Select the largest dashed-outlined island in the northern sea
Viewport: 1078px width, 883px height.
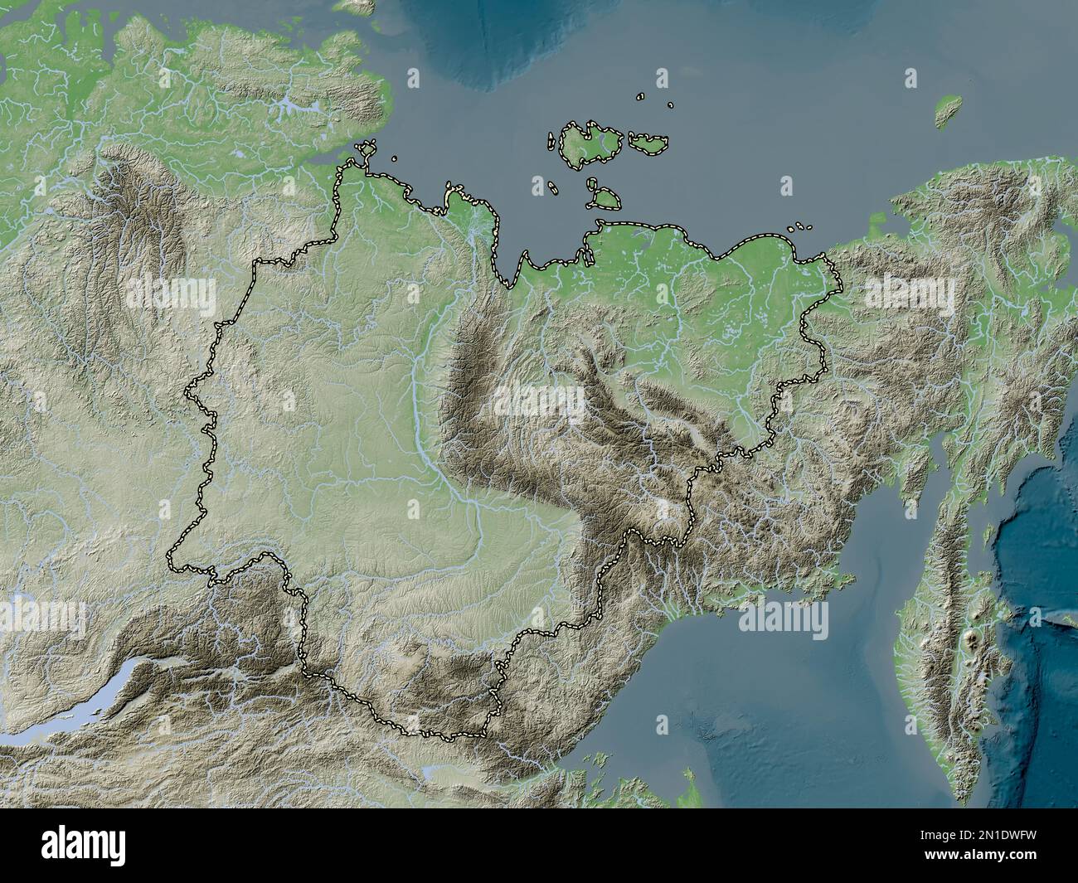(x=590, y=146)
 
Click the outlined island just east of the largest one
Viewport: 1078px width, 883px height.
(x=649, y=143)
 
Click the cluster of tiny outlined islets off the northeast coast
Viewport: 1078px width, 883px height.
(x=799, y=226)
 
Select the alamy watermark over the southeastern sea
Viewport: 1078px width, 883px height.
(x=784, y=618)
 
